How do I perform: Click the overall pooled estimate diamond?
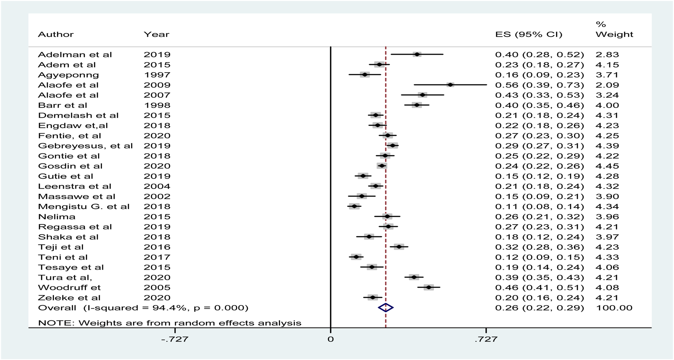[386, 308]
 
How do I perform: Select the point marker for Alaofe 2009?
[450, 85]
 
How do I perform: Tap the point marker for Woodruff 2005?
[429, 287]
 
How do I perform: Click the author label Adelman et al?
[75, 55]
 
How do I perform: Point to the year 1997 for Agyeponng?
[157, 75]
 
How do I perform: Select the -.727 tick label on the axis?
[175, 339]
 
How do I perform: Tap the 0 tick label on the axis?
[331, 339]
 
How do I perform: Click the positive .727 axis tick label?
[486, 339]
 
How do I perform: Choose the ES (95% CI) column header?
[528, 35]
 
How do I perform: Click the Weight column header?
[614, 35]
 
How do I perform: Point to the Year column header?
[156, 35]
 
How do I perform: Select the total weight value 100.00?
[614, 308]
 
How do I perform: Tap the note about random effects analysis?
[170, 323]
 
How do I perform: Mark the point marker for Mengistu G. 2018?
[354, 206]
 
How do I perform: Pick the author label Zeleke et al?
[69, 298]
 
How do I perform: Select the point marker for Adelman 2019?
[417, 54]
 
